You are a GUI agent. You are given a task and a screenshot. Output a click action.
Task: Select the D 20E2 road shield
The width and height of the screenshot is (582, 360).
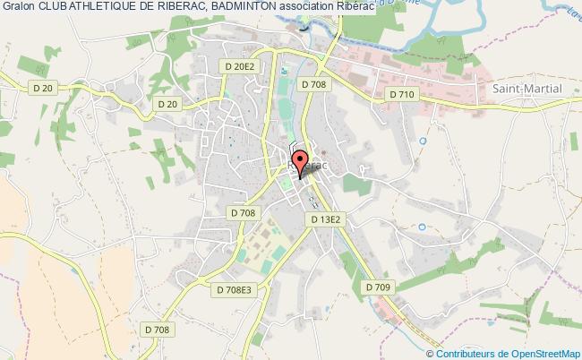coord(240,66)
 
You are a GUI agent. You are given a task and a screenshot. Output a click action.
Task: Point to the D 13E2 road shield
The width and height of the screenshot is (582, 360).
coord(327,219)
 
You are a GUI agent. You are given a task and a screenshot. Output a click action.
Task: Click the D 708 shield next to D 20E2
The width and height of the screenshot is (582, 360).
coord(314,84)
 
